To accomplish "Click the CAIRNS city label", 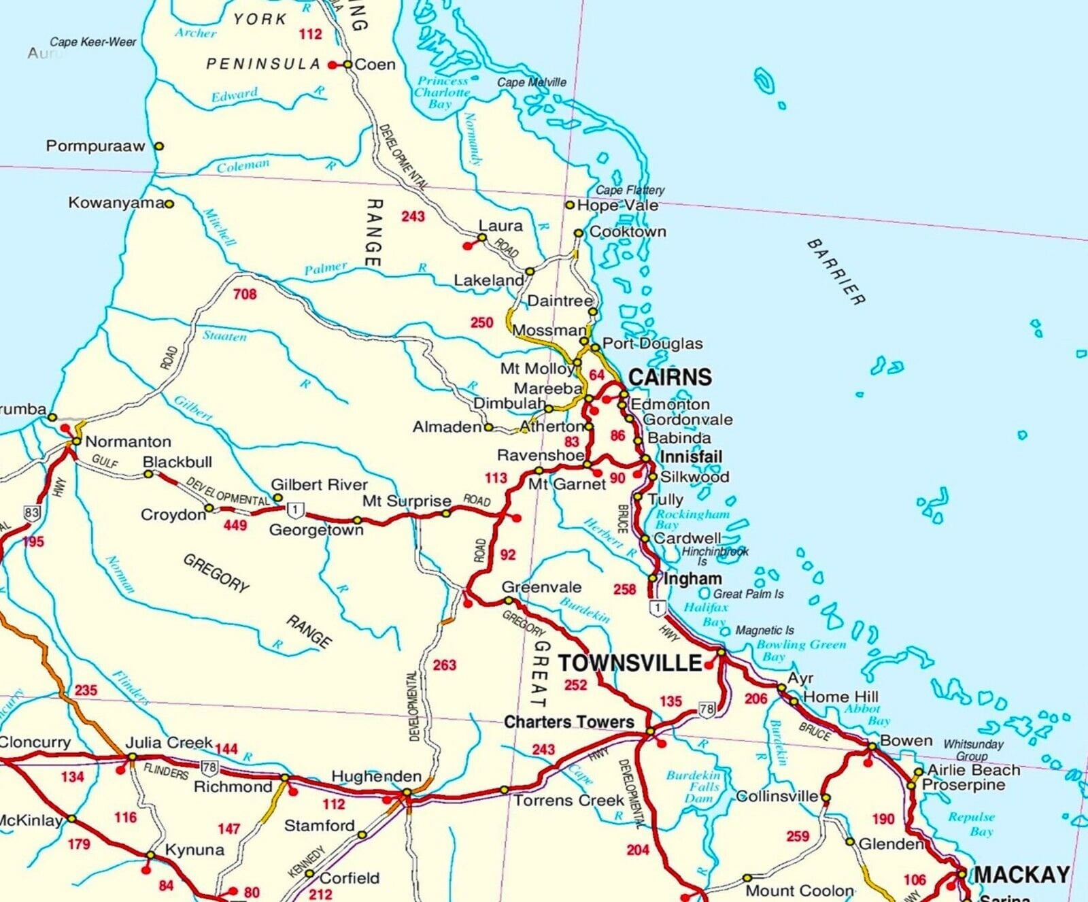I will [x=669, y=377].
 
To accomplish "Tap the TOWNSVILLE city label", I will [x=630, y=663].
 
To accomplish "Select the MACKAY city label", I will [x=1021, y=875].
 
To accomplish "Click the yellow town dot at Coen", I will [x=347, y=65].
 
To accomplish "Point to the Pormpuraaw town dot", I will [x=159, y=146].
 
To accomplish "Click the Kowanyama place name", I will [x=116, y=203].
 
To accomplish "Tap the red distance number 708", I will [x=245, y=294].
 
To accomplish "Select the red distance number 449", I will [x=235, y=525].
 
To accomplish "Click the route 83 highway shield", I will [x=31, y=512].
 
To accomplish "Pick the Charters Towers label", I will [x=568, y=722].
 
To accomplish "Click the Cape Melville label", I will [x=531, y=82].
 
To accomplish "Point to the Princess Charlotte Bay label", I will [x=442, y=92].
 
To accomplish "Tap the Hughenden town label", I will [x=376, y=776].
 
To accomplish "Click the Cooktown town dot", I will [x=579, y=233].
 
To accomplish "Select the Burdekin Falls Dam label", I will [x=692, y=786].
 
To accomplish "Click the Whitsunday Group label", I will [x=972, y=750].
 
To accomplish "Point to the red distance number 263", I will [x=444, y=665].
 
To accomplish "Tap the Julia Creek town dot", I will [x=133, y=757].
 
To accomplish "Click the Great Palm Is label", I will [x=747, y=594].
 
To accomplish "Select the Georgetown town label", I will [x=316, y=530].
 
